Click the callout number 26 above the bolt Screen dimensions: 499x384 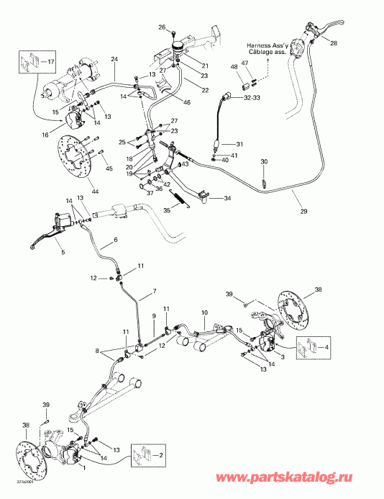162,27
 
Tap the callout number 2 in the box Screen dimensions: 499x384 161,456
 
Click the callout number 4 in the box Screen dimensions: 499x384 329,347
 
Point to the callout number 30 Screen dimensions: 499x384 263,162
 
